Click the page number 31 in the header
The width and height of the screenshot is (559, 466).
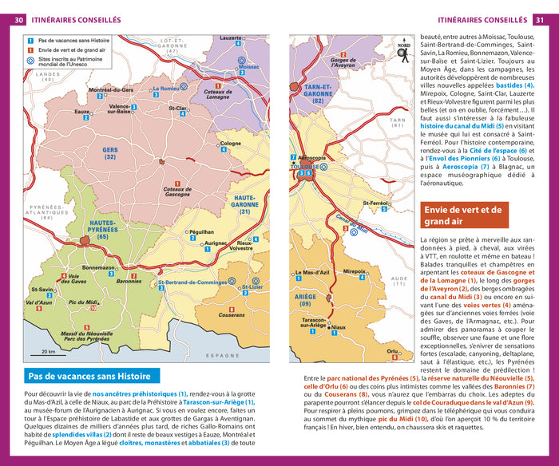point(540,20)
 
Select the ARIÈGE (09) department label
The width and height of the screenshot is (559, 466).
point(305,300)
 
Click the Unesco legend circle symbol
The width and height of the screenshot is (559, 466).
point(30,70)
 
